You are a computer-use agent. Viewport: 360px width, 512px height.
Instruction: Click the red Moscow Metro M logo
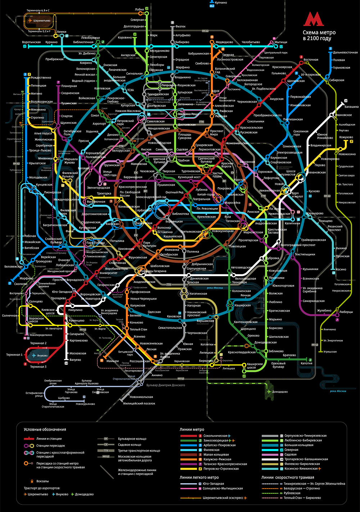pyautogui.click(x=314, y=19)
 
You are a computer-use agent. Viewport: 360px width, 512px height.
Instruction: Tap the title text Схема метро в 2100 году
pyautogui.click(x=319, y=35)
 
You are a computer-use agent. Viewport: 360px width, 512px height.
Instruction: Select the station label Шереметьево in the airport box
pyautogui.click(x=42, y=21)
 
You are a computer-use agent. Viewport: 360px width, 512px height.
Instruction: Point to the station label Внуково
pyautogui.click(x=42, y=356)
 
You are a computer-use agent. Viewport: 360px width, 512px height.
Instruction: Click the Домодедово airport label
pyautogui.click(x=280, y=392)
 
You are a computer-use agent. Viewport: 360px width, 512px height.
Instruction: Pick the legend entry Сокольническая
pyautogui.click(x=215, y=436)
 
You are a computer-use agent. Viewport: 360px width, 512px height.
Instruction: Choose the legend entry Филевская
pyautogui.click(x=211, y=450)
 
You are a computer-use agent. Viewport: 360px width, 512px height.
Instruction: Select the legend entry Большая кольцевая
pyautogui.click(x=299, y=445)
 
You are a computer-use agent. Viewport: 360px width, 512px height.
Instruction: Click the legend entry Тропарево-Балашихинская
pyautogui.click(x=306, y=459)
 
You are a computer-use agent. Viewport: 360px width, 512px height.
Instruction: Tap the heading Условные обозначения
pyautogui.click(x=45, y=430)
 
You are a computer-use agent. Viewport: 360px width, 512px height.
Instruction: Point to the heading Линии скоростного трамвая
pyautogui.click(x=288, y=477)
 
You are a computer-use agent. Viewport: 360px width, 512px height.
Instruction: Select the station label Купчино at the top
pyautogui.click(x=221, y=3)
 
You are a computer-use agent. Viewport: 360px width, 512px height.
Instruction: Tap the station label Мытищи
pyautogui.click(x=281, y=42)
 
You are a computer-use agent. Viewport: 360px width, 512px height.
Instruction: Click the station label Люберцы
pyautogui.click(x=346, y=312)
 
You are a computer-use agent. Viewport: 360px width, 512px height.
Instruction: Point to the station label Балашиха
pyautogui.click(x=351, y=107)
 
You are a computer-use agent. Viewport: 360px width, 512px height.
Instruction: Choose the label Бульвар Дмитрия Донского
pyautogui.click(x=166, y=385)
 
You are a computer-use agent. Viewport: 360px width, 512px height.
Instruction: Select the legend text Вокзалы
pyautogui.click(x=42, y=481)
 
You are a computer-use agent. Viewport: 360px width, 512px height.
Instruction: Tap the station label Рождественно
pyautogui.click(x=41, y=78)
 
